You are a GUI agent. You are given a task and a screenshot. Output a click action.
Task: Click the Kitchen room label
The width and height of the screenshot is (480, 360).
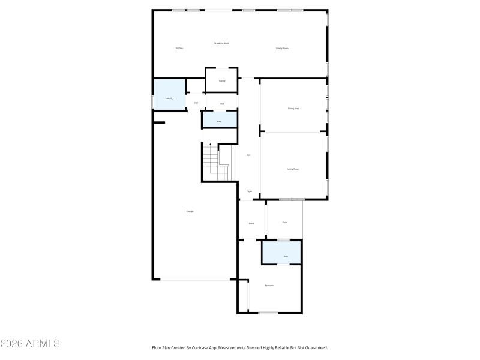tap(179, 48)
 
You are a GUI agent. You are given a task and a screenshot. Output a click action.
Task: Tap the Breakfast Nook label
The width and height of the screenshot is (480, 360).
tap(222, 43)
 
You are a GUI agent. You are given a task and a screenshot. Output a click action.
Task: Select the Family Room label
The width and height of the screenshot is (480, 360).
tap(282, 48)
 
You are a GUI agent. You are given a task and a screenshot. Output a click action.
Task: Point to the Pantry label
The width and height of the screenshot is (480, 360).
tap(221, 80)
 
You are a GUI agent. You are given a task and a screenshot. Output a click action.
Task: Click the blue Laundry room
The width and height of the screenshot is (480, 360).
tap(169, 95)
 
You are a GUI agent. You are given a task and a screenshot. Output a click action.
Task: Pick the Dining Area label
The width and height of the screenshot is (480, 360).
tap(293, 109)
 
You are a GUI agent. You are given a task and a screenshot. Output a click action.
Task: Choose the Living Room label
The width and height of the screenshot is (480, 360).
tap(293, 169)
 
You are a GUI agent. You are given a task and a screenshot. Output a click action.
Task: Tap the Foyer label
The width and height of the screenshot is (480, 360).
tap(249, 191)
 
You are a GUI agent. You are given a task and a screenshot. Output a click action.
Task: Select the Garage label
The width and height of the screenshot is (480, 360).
tap(190, 211)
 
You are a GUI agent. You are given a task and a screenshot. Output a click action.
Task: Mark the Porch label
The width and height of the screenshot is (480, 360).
tap(251, 223)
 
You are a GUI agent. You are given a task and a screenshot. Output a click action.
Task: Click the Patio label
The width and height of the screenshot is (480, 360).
tap(284, 223)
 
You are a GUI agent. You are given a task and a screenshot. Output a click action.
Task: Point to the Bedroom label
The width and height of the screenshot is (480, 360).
tap(269, 286)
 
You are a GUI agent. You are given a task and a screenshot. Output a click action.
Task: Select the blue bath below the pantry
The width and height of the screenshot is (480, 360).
tap(219, 120)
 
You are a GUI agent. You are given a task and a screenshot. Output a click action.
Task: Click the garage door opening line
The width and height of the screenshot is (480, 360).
tap(195, 279)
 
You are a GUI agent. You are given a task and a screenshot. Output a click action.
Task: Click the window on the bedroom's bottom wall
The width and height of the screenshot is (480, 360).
tap(268, 313)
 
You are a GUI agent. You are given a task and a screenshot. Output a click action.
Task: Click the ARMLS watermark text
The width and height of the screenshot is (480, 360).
tap(30, 344)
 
